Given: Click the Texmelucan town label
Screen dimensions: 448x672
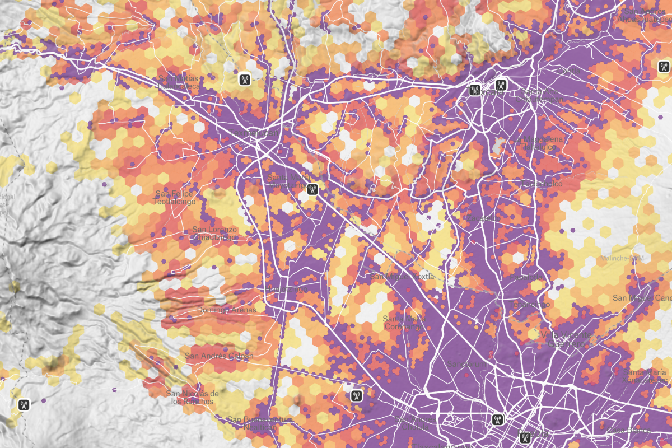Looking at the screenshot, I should tap(253, 133).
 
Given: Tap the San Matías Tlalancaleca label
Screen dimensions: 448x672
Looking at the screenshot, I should tap(178, 82).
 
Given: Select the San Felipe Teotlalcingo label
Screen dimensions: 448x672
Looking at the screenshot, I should tap(175, 197).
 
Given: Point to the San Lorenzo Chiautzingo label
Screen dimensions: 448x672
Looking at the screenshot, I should tap(214, 233).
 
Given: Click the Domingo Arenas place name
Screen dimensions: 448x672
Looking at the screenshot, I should tap(226, 310).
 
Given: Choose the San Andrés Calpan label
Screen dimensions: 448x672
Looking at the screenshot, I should tap(219, 356).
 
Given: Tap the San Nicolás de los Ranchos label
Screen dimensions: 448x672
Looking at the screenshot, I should tap(190, 397).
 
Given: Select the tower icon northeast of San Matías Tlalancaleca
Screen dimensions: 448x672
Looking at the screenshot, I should tap(244, 79).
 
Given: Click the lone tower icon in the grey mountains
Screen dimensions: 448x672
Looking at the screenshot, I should tap(24, 403).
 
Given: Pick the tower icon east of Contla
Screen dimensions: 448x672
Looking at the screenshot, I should tap(664, 67).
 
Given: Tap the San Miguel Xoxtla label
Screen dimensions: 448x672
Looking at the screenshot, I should tap(399, 277).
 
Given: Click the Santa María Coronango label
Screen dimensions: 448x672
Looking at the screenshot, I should tap(401, 322).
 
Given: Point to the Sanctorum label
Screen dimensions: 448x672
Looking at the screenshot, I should tap(467, 364).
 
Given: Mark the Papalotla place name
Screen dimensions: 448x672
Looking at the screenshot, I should tap(526, 277).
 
